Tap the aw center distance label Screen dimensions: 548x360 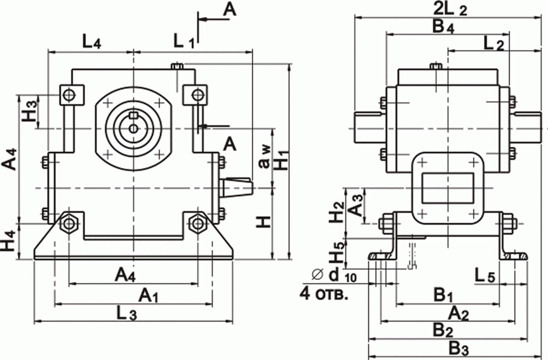(265, 157)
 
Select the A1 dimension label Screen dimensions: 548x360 (148, 295)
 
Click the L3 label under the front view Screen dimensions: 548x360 (126, 313)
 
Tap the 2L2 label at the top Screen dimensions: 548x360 (450, 10)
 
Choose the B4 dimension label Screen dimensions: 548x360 (443, 27)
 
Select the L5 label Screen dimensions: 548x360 (485, 275)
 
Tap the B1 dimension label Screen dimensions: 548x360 (443, 295)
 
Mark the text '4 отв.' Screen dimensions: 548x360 (324, 293)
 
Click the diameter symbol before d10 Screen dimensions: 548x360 (318, 274)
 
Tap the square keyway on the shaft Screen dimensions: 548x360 (133, 115)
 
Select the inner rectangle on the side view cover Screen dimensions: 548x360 (448, 188)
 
